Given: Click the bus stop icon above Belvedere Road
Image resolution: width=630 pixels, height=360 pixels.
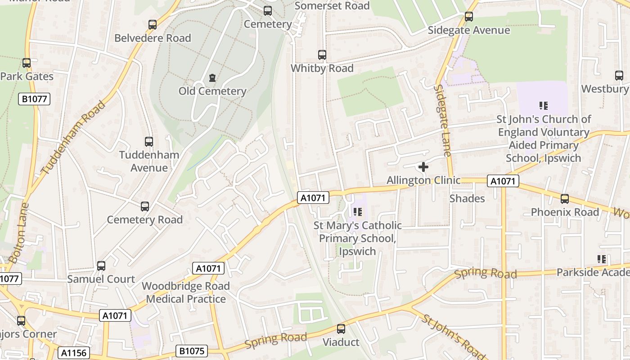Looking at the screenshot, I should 153,25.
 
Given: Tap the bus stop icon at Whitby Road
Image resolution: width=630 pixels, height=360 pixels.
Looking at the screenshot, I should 322,55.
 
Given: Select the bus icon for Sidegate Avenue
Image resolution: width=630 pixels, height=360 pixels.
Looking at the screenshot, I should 469,17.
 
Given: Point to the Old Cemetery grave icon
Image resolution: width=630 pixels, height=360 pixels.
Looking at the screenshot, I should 212,78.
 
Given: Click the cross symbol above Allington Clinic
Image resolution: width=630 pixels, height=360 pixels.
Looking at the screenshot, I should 423,167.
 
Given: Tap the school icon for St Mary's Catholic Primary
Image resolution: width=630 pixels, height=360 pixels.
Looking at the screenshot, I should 358,211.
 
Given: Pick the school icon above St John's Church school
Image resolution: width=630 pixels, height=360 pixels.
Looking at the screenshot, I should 544,106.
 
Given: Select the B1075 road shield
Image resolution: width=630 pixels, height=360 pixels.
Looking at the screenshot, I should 192,351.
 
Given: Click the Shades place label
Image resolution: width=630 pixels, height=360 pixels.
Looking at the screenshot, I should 467,198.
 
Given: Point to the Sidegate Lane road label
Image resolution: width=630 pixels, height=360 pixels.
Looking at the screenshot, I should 442,120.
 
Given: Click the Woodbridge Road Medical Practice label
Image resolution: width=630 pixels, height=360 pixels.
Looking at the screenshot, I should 186,292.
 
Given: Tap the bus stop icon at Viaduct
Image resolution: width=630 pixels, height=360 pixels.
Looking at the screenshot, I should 341,329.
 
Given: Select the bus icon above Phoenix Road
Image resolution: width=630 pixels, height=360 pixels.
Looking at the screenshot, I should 565,199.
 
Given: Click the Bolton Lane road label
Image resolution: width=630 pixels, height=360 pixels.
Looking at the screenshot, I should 18,233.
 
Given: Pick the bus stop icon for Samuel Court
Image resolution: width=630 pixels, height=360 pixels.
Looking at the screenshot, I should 101,266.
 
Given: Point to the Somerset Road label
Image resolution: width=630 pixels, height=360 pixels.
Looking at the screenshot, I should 332,6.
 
